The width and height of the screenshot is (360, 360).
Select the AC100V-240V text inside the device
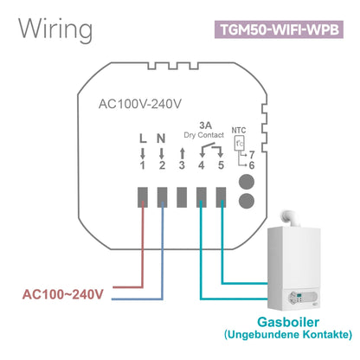click(x=139, y=106)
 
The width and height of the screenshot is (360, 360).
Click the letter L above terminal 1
click(x=142, y=138)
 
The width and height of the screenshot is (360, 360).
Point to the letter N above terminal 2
click(x=162, y=138)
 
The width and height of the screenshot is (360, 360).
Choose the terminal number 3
click(x=181, y=164)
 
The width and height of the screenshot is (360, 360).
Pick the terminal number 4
click(x=201, y=164)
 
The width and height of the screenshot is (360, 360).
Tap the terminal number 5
click(x=221, y=164)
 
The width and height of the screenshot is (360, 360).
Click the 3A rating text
click(x=204, y=123)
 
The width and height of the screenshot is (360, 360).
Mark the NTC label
click(x=239, y=132)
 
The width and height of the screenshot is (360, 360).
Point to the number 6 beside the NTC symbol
click(x=251, y=164)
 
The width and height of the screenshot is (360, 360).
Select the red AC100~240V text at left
click(x=61, y=295)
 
